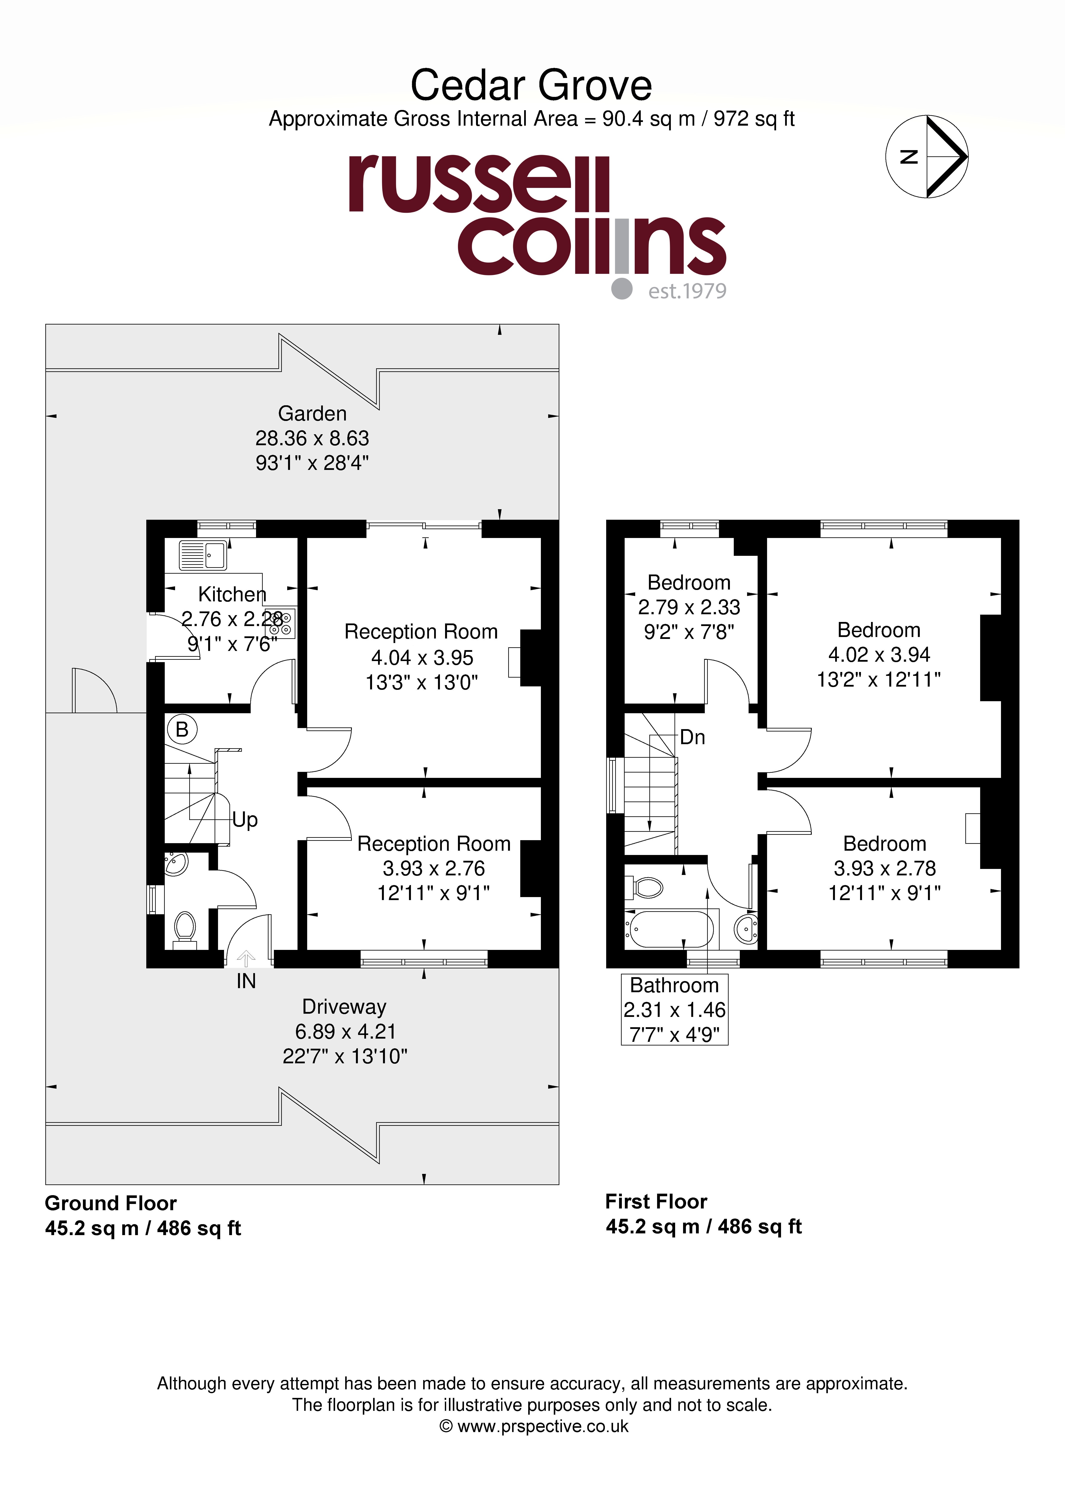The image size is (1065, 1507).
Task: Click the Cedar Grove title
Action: [531, 85]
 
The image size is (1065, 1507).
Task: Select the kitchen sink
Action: [203, 555]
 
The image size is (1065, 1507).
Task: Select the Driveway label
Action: [344, 1006]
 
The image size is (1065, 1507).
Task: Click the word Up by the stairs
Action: [245, 820]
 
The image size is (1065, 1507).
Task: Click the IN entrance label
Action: [246, 981]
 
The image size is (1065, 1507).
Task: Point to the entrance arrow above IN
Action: [246, 958]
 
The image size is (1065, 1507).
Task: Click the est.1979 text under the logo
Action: [687, 291]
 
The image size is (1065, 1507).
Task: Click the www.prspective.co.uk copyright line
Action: [534, 1426]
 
